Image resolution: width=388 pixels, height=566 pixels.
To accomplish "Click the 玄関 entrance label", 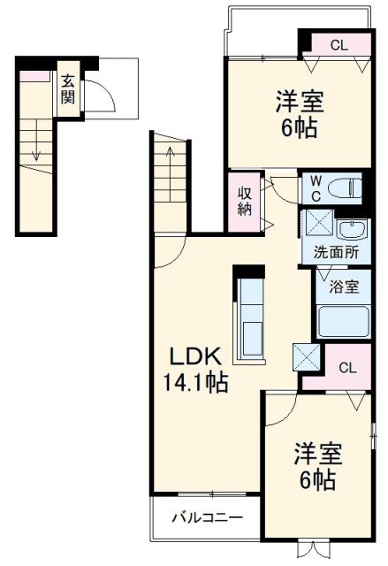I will (68, 88).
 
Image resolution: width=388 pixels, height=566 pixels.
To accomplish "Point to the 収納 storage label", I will (245, 201).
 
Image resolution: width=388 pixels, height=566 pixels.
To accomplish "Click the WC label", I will (316, 188).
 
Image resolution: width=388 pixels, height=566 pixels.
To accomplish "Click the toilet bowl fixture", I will (345, 188).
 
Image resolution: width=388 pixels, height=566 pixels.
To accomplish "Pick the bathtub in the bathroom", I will (343, 321).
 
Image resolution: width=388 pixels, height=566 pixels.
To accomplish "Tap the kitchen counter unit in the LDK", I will (249, 316).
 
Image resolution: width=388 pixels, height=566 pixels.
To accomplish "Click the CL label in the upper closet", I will (339, 44).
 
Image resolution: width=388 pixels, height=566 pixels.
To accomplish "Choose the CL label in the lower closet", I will (347, 368).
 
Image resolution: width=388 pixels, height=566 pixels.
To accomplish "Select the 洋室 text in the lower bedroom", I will (316, 455).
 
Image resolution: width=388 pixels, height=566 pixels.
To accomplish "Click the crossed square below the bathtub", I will (308, 356).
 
